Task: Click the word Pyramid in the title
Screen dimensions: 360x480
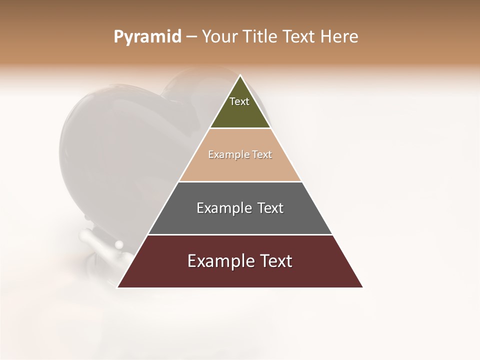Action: click(x=147, y=37)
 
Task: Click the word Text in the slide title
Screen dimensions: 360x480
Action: click(x=299, y=37)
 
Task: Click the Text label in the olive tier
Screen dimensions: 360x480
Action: click(x=239, y=101)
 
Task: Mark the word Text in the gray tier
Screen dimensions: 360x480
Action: click(x=270, y=208)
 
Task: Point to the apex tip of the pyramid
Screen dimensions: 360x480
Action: click(x=240, y=76)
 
